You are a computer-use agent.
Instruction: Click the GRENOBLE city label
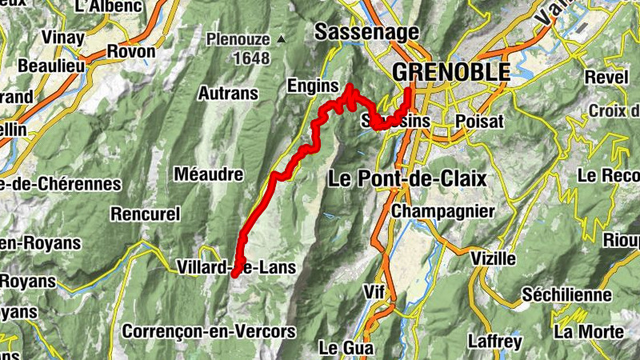pyautogui.click(x=451, y=72)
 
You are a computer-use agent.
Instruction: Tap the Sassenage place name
pyautogui.click(x=367, y=32)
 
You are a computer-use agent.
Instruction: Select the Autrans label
pyautogui.click(x=228, y=94)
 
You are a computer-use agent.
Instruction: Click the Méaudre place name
pyautogui.click(x=207, y=174)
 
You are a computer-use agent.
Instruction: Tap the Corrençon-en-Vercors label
pyautogui.click(x=209, y=330)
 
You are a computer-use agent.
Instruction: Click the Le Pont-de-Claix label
pyautogui.click(x=407, y=179)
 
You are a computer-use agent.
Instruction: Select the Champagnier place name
pyautogui.click(x=443, y=211)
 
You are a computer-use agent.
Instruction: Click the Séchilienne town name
pyautogui.click(x=566, y=295)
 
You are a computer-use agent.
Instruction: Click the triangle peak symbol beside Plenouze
pyautogui.click(x=281, y=38)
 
